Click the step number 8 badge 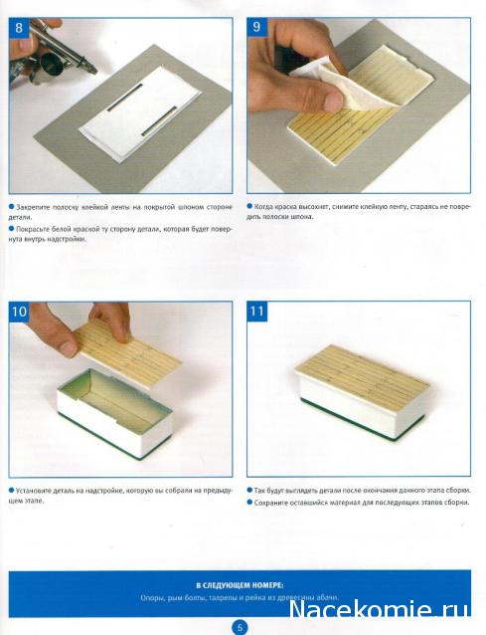(x=19, y=28)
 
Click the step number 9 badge (x=256, y=27)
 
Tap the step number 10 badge (x=19, y=312)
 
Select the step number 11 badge (x=257, y=312)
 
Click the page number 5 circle (x=240, y=627)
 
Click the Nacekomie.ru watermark (x=380, y=609)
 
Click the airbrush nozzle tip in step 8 (x=95, y=72)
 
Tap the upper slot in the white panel (x=125, y=98)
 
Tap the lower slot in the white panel (x=159, y=121)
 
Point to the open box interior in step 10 (x=114, y=398)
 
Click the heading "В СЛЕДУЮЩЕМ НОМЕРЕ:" (x=240, y=585)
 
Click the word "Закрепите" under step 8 (x=34, y=207)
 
